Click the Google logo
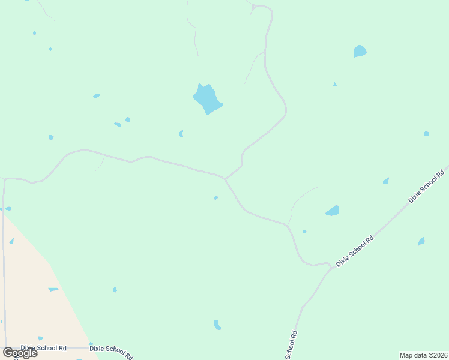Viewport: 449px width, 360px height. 20,352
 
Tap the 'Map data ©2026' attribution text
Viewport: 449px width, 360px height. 423,355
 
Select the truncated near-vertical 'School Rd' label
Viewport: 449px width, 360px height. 291,346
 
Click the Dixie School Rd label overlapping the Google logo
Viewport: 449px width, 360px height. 43,348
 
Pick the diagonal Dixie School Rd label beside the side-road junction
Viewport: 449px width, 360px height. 355,251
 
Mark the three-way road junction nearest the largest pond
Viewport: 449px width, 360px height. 225,178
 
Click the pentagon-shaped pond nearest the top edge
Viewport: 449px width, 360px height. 360,51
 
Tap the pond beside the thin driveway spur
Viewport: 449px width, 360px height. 332,211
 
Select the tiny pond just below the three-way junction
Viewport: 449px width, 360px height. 215,197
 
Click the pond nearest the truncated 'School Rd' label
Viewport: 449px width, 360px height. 217,325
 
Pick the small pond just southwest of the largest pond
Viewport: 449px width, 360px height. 181,134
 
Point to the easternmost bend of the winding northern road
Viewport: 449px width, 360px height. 286,110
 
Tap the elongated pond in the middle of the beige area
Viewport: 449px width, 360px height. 53,289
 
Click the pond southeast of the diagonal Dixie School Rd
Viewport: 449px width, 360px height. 421,241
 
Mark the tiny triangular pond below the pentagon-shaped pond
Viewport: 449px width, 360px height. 334,84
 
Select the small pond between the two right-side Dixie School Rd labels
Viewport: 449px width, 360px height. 385,181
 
